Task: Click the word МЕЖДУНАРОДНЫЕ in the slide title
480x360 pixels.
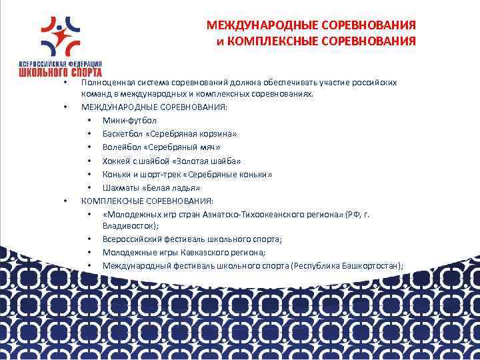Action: (253, 25)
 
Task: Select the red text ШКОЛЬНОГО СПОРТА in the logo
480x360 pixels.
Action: (61, 70)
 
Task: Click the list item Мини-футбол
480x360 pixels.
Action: (129, 121)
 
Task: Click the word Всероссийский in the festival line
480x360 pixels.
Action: (131, 239)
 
